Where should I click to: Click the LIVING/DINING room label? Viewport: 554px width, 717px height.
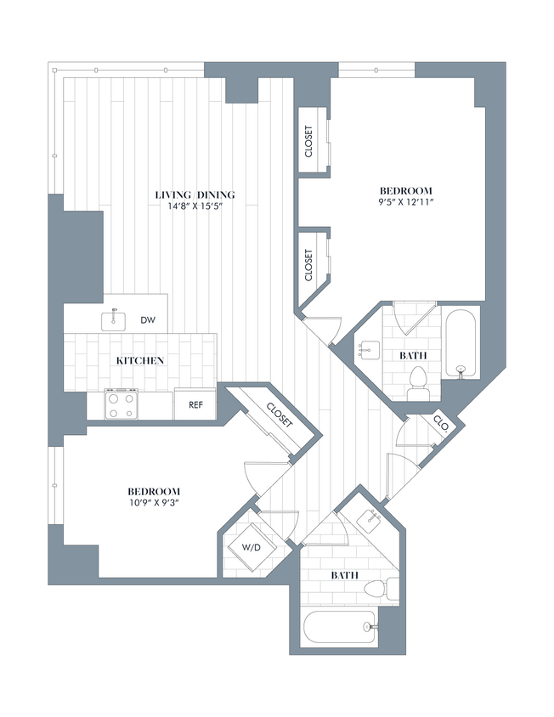click(x=195, y=195)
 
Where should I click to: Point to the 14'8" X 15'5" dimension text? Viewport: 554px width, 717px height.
click(x=195, y=206)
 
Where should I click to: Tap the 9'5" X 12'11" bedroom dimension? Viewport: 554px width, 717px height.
click(x=405, y=202)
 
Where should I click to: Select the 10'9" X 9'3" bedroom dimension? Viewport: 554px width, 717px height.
click(x=154, y=503)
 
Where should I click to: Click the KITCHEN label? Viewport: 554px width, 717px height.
click(x=140, y=360)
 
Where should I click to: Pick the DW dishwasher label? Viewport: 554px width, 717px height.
click(x=147, y=320)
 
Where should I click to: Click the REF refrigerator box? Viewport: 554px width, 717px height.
click(x=195, y=404)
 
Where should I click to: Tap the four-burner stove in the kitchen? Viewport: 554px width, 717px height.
click(x=122, y=403)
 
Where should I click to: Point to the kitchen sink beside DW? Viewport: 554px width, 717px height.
click(x=113, y=320)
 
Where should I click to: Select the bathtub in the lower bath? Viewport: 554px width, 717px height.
click(x=340, y=629)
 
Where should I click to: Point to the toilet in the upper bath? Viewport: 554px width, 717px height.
click(x=418, y=382)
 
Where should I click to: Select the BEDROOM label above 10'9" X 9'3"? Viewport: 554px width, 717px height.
click(x=154, y=491)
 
